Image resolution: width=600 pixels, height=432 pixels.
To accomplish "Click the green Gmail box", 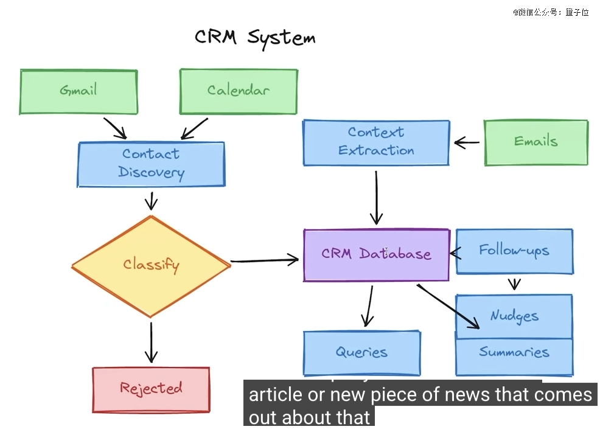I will [x=78, y=91].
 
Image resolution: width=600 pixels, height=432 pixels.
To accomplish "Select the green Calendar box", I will [x=238, y=91].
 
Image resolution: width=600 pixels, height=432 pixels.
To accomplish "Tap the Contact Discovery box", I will [x=151, y=164].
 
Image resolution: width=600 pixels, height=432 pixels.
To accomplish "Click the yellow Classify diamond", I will [x=151, y=265].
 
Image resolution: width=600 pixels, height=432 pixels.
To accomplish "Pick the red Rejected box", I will [x=151, y=389].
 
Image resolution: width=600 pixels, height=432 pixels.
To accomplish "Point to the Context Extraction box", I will [x=376, y=142].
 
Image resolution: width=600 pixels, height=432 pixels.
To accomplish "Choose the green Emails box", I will [x=535, y=142].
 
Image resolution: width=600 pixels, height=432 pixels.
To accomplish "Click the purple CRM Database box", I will [x=376, y=255].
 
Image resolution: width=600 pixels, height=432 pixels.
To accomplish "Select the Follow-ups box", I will [x=514, y=251].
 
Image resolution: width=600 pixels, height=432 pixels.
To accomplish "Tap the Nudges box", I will [x=514, y=316].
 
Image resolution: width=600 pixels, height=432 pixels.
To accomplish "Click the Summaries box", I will [x=514, y=354].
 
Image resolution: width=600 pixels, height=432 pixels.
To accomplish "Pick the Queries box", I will [x=361, y=352].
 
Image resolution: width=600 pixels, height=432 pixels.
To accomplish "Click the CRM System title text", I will [x=255, y=37].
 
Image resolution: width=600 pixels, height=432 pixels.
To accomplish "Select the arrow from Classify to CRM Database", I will [x=264, y=261].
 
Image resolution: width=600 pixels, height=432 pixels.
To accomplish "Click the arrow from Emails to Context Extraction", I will [x=467, y=143].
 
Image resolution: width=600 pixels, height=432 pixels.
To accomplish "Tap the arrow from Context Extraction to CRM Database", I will [x=376, y=197].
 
